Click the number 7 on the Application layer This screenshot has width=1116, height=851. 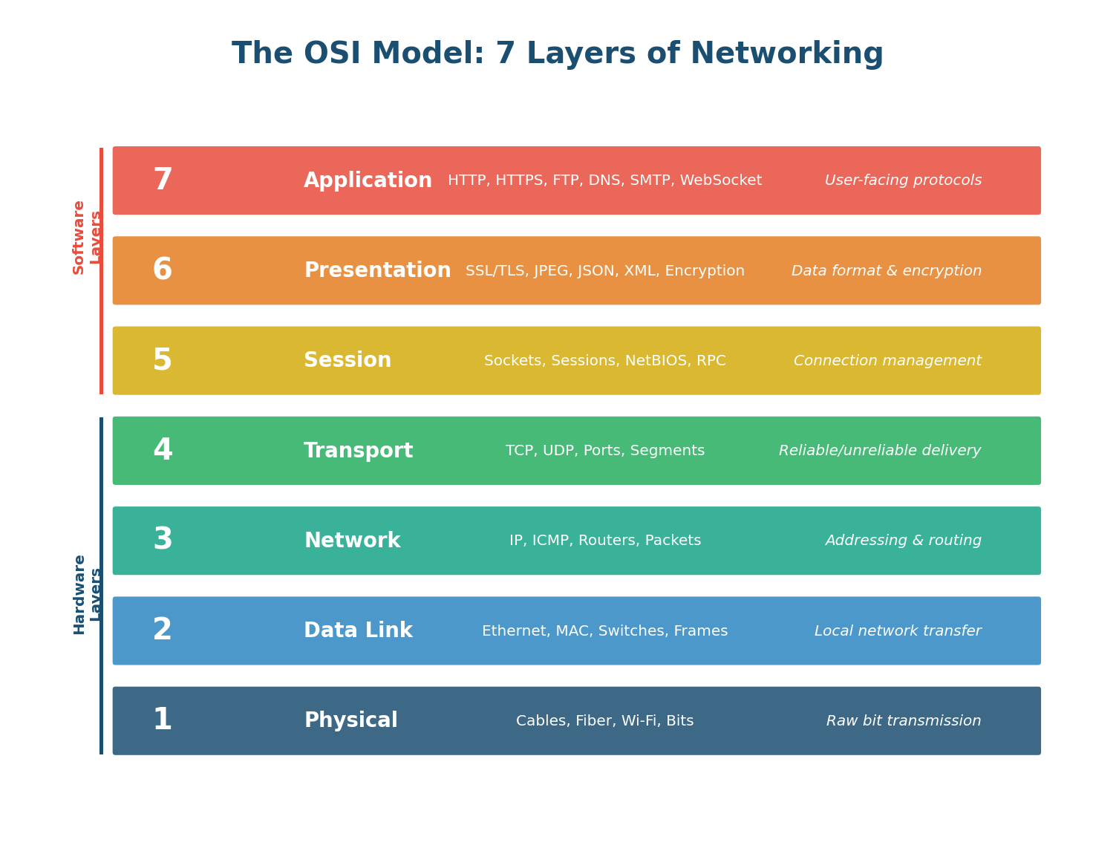click(x=163, y=180)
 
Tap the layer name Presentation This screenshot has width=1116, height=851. click(x=377, y=271)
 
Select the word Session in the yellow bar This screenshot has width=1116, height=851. click(x=347, y=361)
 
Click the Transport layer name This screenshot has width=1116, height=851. click(x=358, y=451)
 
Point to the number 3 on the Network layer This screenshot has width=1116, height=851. click(x=163, y=541)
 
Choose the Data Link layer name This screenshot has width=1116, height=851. click(x=358, y=631)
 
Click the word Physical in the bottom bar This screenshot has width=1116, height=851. click(x=350, y=721)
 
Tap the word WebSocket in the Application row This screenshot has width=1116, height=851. click(x=720, y=180)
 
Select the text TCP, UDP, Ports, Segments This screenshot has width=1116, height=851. click(x=604, y=451)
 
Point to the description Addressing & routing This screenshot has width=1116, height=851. click(x=903, y=541)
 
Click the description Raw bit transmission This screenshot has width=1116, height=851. click(x=903, y=721)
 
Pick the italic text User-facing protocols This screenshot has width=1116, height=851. click(x=903, y=180)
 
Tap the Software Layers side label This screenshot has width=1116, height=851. click(x=86, y=237)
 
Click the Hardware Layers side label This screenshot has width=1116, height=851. click(x=86, y=594)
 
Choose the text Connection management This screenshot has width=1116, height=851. click(x=887, y=361)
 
